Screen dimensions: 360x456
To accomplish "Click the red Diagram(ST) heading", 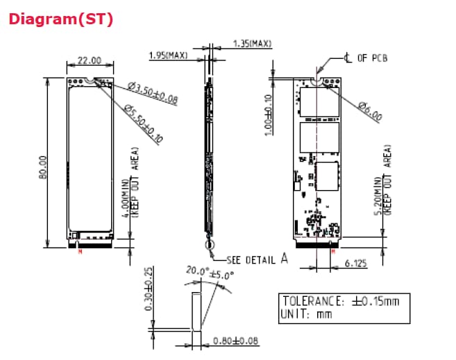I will pos(60,19).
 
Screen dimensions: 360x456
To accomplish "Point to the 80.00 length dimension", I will pos(44,163).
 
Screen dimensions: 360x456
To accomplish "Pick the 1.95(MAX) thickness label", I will pos(168,55).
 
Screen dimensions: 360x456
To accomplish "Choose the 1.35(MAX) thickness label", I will pos(251,44).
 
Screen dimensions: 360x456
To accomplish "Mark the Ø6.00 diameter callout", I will pos(369,110).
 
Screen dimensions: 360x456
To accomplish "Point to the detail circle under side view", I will pos(209,244).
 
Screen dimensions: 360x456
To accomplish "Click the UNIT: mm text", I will pos(306,314).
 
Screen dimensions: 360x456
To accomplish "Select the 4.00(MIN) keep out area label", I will pos(129,182).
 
